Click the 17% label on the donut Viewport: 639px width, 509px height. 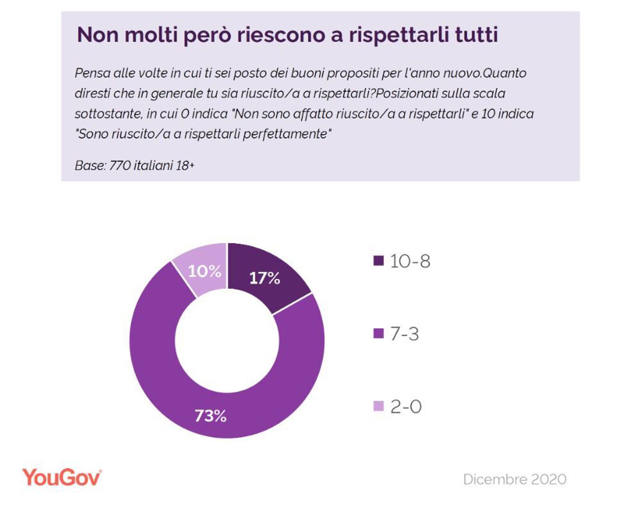pyautogui.click(x=264, y=278)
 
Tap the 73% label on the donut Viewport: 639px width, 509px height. pyautogui.click(x=210, y=416)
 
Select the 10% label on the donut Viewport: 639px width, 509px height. pyautogui.click(x=204, y=271)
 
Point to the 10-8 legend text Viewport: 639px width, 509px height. pyautogui.click(x=410, y=261)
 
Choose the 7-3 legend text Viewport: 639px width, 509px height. pyautogui.click(x=404, y=334)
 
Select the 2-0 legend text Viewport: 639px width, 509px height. pyautogui.click(x=405, y=407)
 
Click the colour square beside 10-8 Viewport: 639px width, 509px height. pyautogui.click(x=378, y=261)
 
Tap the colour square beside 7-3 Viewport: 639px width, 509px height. pyautogui.click(x=378, y=333)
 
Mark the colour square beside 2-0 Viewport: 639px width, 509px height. pyautogui.click(x=378, y=406)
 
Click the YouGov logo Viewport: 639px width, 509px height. pyautogui.click(x=62, y=477)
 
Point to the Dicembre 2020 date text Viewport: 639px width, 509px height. pyautogui.click(x=514, y=479)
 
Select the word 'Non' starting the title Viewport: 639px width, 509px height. pyautogui.click(x=97, y=34)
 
